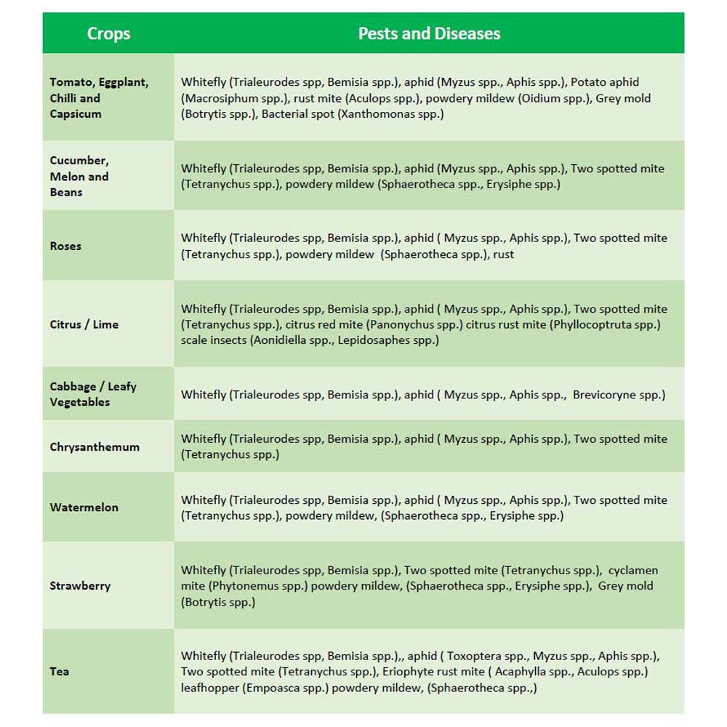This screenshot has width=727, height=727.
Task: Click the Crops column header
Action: pos(108,33)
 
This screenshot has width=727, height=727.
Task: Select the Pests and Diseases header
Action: pos(429,33)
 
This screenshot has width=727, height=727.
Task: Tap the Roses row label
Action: pos(65,246)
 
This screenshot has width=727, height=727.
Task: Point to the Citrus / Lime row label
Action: pos(84,324)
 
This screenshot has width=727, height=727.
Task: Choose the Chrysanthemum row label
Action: pos(95,446)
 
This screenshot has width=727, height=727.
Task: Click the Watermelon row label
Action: pos(84,507)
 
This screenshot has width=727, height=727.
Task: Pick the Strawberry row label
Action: pos(80,585)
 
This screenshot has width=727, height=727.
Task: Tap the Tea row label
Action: pos(60,671)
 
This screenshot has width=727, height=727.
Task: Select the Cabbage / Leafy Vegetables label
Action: pos(92,394)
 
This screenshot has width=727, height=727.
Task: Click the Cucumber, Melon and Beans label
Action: pos(79,176)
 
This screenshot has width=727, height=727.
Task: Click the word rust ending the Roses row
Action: pos(503,254)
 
